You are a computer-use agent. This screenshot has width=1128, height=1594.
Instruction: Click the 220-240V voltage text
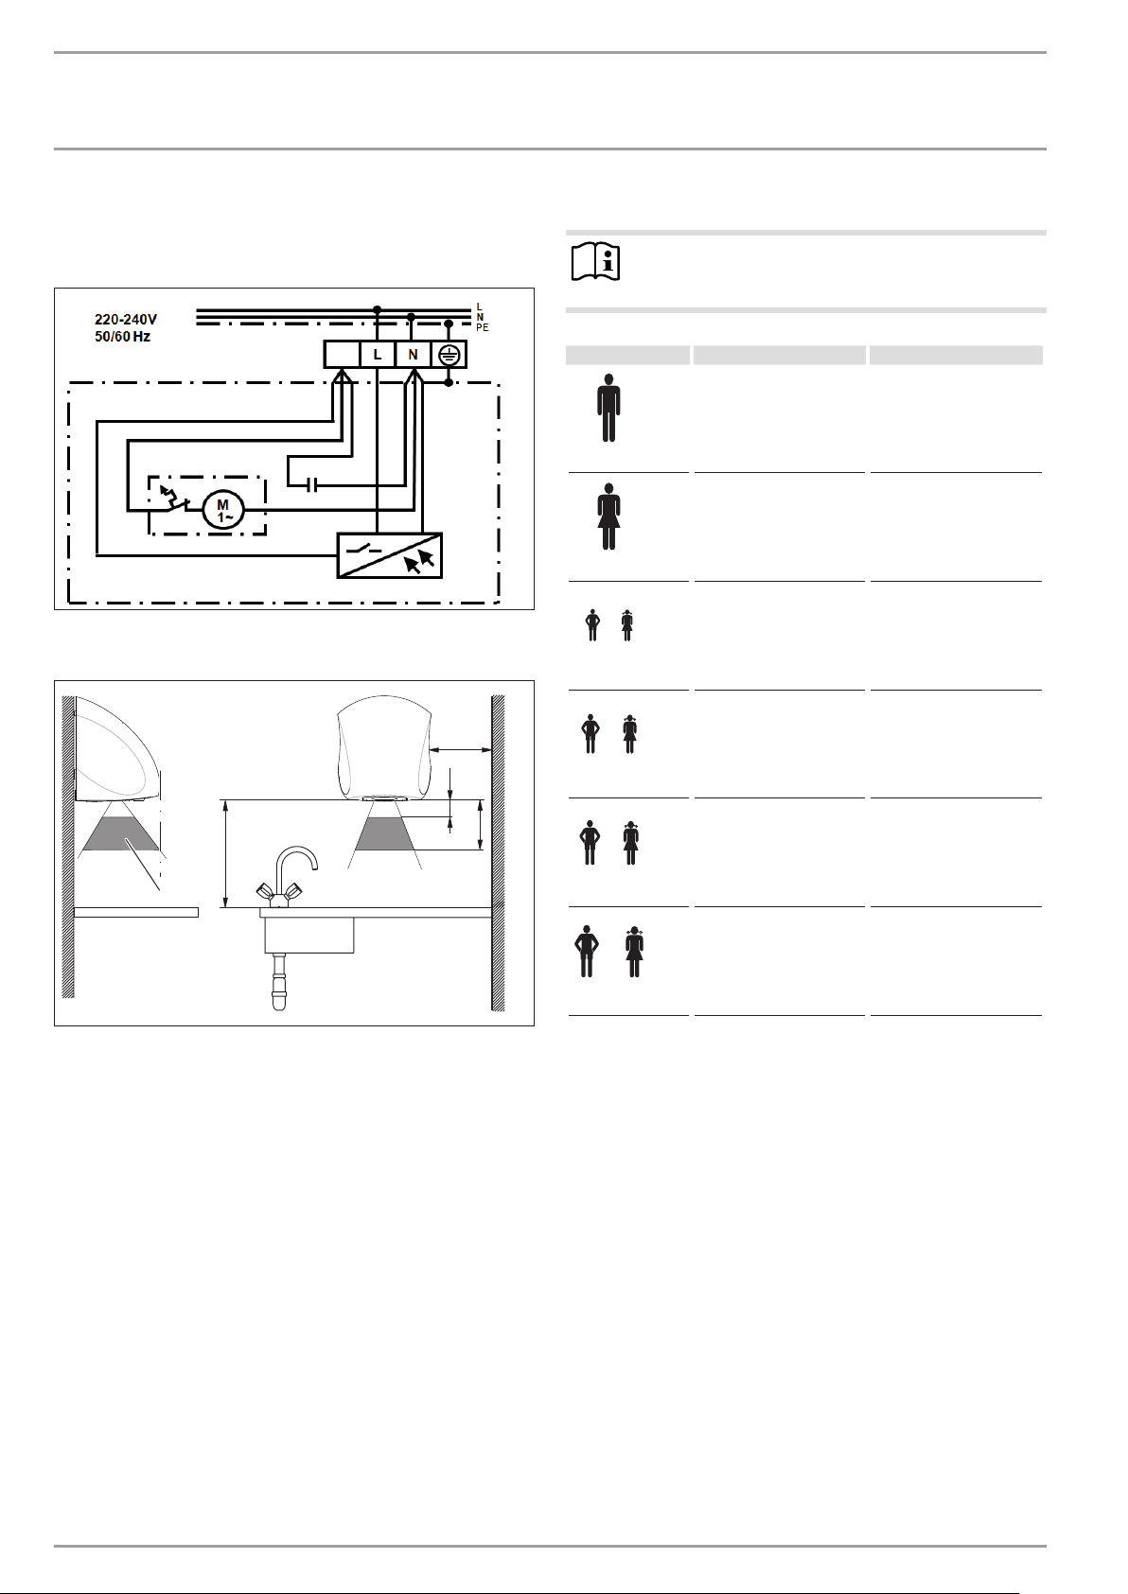[x=126, y=321]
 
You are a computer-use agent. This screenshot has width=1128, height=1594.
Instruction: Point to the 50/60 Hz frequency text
[x=122, y=337]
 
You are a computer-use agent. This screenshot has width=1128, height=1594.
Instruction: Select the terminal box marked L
[x=378, y=355]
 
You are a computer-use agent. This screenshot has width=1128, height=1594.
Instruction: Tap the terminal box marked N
[x=413, y=355]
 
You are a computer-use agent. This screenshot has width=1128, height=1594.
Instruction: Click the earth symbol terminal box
[x=449, y=355]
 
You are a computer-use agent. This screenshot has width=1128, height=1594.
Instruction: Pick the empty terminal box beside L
[x=343, y=355]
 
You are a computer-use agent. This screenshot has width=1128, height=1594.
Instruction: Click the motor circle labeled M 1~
[x=223, y=510]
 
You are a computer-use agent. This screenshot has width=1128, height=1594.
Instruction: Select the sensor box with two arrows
[x=389, y=555]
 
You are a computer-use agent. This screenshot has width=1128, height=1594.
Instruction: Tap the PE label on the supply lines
[x=483, y=328]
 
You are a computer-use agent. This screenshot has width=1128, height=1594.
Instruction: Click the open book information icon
[x=595, y=262]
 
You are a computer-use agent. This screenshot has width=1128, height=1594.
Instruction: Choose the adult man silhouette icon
[x=608, y=408]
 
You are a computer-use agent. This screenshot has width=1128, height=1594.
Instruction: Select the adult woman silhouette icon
[x=609, y=517]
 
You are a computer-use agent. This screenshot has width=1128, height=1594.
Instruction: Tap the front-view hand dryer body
[x=384, y=747]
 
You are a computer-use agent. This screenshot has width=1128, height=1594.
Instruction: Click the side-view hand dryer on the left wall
[x=117, y=748]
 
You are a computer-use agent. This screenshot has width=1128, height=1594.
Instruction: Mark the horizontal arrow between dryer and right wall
[x=461, y=749]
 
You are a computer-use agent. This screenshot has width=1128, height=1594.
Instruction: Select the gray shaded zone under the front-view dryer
[x=385, y=834]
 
